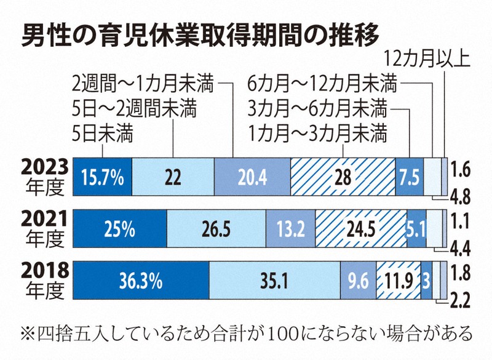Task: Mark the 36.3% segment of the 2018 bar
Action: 141,282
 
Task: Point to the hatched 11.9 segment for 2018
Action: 398,282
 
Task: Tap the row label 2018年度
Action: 42,282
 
